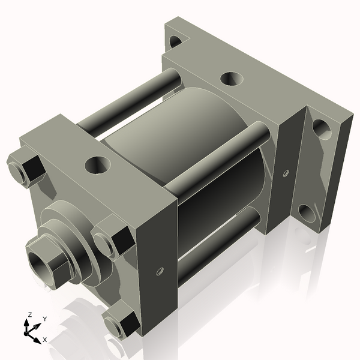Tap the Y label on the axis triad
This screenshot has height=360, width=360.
pos(44,319)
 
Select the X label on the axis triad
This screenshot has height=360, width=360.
pos(44,340)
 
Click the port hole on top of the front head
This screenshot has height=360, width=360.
pos(96,164)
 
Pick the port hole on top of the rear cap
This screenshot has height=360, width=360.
pos(232,79)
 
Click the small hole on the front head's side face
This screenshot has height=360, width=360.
pos(160,271)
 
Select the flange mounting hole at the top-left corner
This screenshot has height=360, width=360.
pos(176,41)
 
